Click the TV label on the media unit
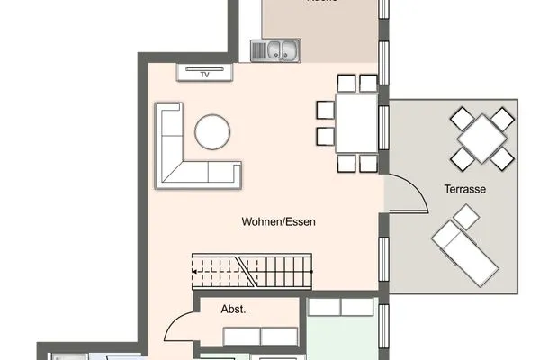204,75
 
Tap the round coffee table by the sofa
214,132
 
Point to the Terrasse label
465,190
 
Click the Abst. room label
234,309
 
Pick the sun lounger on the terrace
465,251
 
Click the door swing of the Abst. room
183,324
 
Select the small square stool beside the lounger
466,217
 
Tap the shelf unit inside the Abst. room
260,337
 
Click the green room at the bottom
342,337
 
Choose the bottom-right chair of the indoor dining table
367,163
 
